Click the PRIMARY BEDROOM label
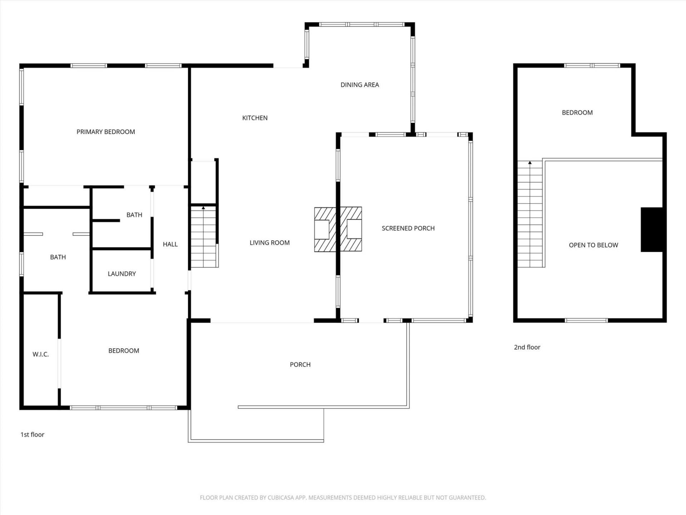click(106, 132)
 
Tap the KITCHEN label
click(255, 118)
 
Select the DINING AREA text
click(359, 85)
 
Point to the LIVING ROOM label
click(269, 243)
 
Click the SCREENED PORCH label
click(408, 228)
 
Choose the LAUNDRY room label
click(122, 274)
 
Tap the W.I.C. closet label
click(40, 354)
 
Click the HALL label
click(170, 244)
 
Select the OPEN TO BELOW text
click(593, 245)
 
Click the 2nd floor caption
click(527, 347)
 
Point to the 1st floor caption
click(32, 435)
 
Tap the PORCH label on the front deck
click(300, 365)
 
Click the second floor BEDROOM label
click(577, 113)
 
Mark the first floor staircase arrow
click(203, 208)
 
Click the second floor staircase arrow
click(530, 163)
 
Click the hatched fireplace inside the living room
click(325, 230)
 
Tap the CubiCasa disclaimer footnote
click(343, 497)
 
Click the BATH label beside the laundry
click(134, 215)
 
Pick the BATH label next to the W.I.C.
click(58, 257)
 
